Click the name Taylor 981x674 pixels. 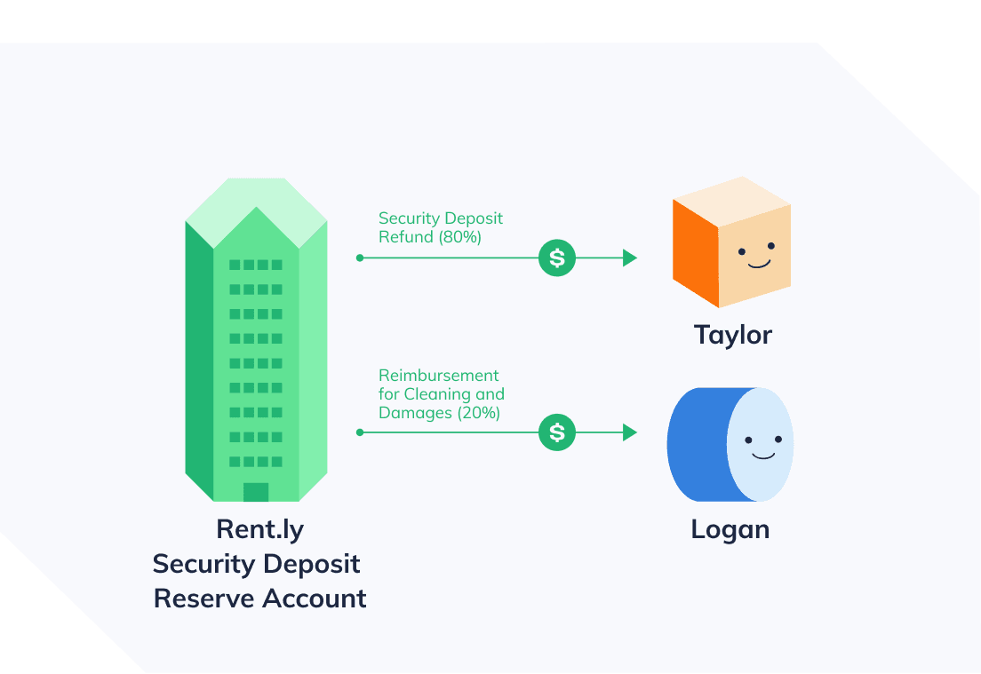(732, 335)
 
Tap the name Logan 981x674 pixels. (730, 529)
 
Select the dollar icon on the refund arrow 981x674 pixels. (557, 258)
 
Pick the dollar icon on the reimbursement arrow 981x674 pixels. (557, 432)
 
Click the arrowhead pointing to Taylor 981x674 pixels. (630, 258)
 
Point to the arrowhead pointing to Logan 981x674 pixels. (630, 432)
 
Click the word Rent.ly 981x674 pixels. (259, 529)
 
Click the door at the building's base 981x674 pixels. (256, 492)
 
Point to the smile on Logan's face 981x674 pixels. (762, 456)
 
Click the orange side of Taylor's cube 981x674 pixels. (695, 252)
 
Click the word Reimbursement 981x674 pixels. (438, 376)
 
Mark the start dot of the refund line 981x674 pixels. (359, 258)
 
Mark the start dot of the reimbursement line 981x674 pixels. (359, 432)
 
